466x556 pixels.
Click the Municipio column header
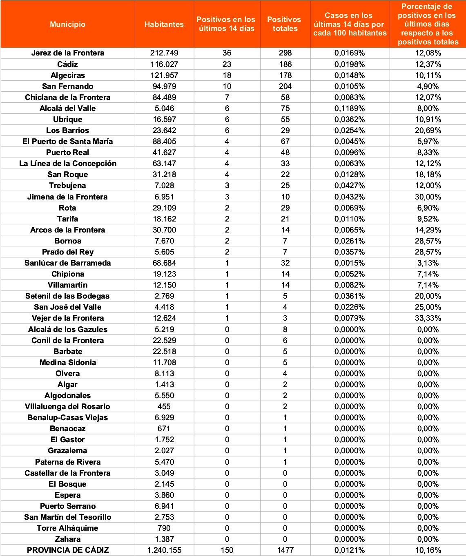tap(68, 24)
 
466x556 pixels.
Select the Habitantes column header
tap(164, 24)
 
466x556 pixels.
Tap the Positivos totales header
tap(285, 24)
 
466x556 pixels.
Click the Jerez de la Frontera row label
tap(68, 53)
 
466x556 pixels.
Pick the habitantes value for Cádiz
tap(164, 64)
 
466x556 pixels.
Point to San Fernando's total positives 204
tap(285, 86)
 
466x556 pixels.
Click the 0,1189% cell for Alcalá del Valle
tap(350, 108)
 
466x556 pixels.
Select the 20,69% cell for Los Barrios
tap(428, 130)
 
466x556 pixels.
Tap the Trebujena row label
tap(68, 185)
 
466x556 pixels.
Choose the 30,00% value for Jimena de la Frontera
tap(428, 197)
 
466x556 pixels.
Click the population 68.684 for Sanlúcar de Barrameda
tap(164, 263)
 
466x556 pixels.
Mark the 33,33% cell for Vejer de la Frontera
tap(428, 318)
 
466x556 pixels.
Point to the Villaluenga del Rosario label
tap(68, 406)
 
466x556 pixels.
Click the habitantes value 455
tap(164, 406)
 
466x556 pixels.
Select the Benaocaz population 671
tap(164, 428)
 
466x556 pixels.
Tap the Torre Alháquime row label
tap(68, 528)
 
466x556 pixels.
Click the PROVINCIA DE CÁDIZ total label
tap(68, 550)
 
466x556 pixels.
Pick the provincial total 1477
tap(285, 550)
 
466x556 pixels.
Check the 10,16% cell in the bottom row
tap(428, 550)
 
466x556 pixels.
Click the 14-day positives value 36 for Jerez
tap(227, 53)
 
